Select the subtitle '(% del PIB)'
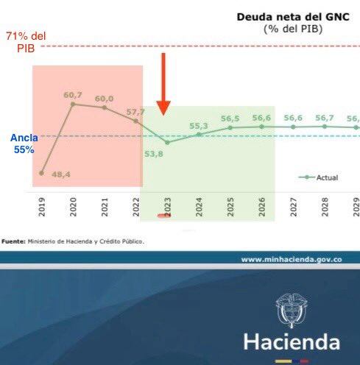tap(293, 29)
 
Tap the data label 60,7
tap(72, 95)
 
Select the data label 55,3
tap(199, 126)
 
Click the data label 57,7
tap(136, 112)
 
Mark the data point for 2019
tap(41, 173)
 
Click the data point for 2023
tap(167, 142)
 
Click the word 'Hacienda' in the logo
tap(292, 343)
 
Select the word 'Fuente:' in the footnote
tap(13, 241)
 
